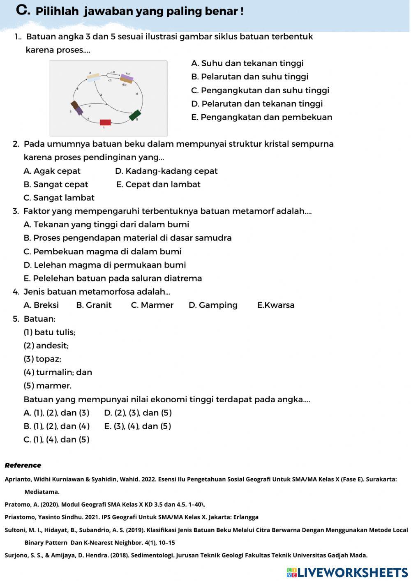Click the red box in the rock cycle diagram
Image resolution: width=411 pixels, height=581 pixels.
click(105, 122)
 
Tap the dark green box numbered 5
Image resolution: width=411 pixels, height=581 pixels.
click(135, 115)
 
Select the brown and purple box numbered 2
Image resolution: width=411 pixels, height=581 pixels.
click(76, 108)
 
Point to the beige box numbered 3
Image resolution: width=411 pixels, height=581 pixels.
click(93, 77)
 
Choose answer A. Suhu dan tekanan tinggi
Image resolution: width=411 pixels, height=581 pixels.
click(247, 63)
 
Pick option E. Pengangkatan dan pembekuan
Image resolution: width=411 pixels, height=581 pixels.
click(261, 117)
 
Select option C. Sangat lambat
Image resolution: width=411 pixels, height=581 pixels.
click(59, 198)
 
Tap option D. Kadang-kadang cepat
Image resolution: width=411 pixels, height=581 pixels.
click(166, 171)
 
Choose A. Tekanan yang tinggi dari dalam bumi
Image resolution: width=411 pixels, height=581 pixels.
click(106, 224)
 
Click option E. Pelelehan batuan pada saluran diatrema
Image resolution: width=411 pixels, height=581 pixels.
click(113, 278)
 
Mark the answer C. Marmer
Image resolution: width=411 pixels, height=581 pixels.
click(152, 305)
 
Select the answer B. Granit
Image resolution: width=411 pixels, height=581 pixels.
click(94, 305)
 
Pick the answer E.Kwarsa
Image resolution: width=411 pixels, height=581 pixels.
click(275, 305)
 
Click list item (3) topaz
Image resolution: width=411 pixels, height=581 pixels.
click(42, 359)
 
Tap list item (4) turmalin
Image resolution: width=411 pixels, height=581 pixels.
click(58, 372)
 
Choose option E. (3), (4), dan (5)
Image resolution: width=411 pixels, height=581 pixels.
click(137, 426)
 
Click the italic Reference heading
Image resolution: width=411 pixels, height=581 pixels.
click(23, 465)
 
